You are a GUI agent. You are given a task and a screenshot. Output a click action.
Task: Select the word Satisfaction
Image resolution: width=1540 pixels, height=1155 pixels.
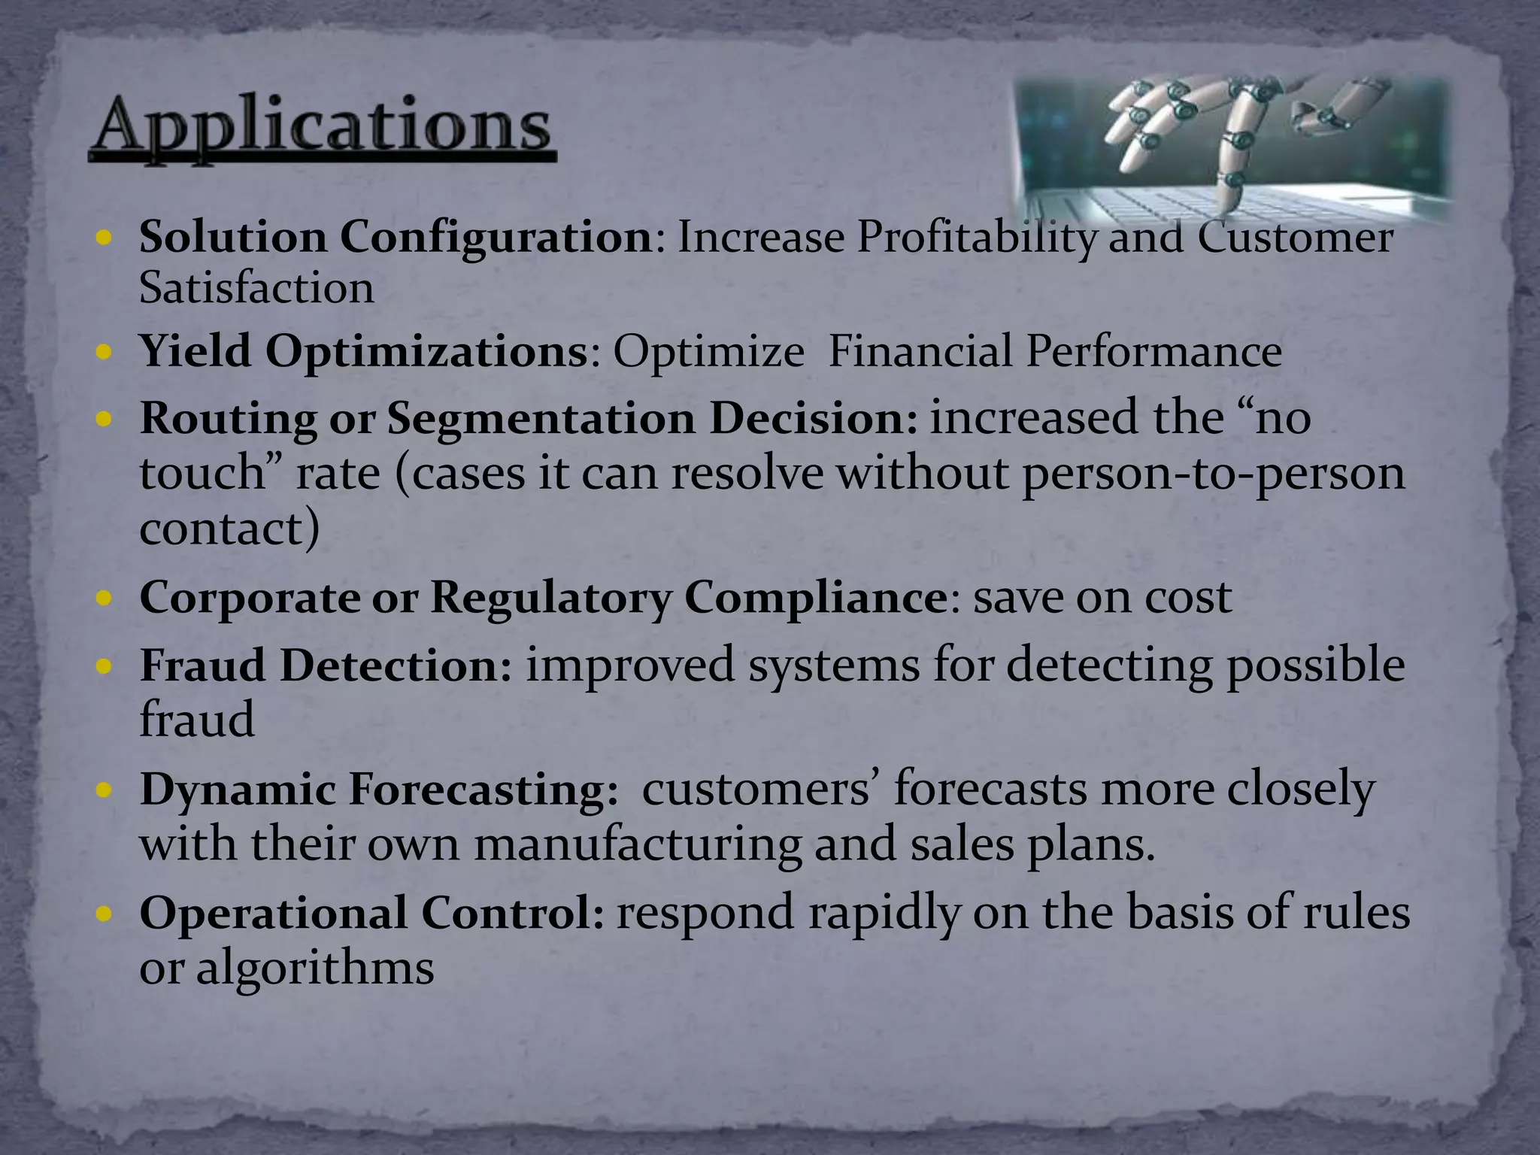point(256,288)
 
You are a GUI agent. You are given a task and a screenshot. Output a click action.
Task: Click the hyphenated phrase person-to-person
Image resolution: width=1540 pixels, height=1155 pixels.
point(1213,474)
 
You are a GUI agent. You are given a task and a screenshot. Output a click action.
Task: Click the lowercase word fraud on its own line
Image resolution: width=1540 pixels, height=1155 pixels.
point(197,720)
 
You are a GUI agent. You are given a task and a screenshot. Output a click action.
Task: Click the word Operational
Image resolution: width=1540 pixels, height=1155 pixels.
point(272,913)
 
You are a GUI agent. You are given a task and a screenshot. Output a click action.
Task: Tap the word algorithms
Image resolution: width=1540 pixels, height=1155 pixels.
point(315,968)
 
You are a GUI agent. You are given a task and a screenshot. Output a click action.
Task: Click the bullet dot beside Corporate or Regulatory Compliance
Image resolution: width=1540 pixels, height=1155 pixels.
point(105,599)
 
